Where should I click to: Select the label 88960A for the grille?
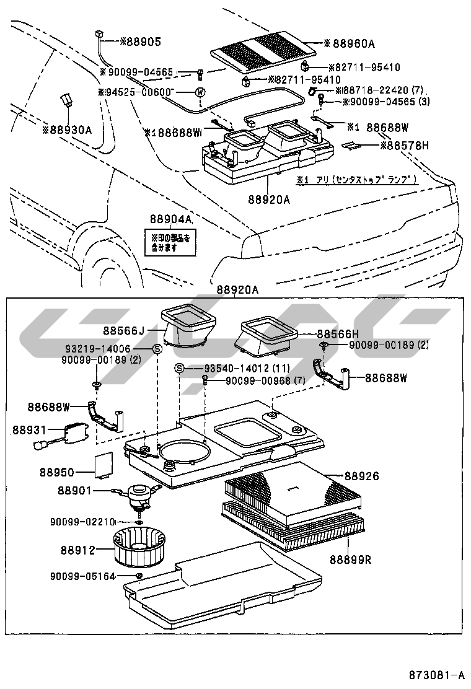353,43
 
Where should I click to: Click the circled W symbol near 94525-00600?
200,92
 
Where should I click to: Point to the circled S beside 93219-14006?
157,349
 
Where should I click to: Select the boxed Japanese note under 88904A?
170,242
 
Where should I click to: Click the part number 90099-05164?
82,576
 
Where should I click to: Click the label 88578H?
404,146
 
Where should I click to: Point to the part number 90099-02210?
82,522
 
